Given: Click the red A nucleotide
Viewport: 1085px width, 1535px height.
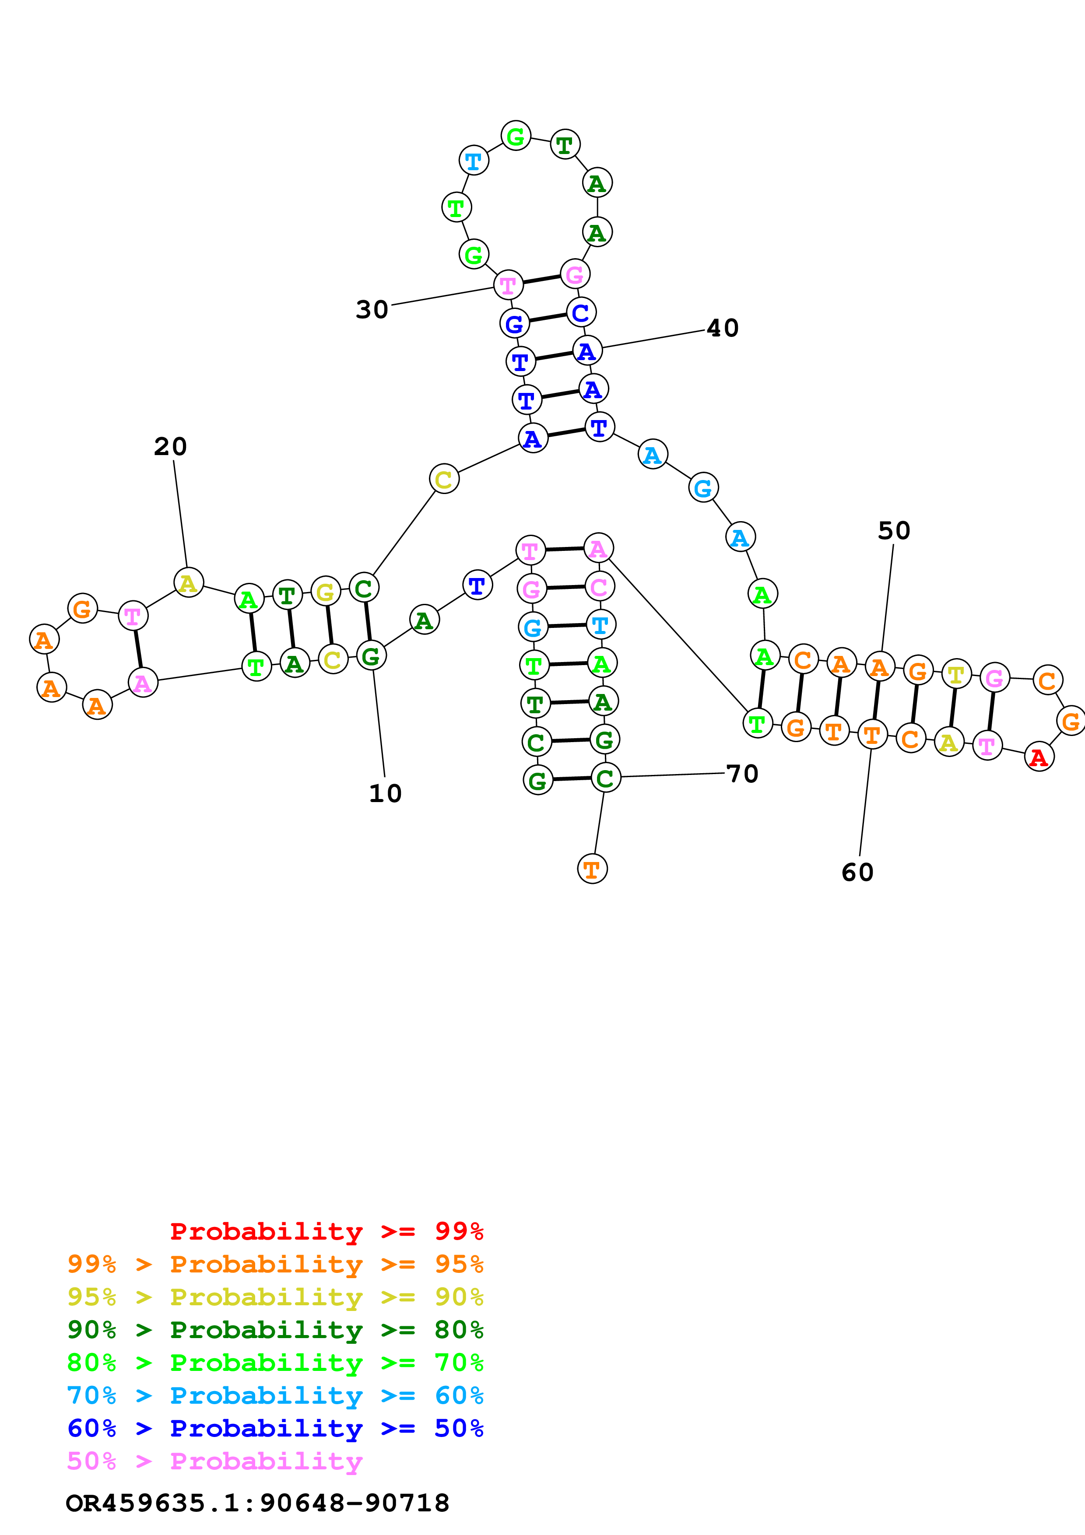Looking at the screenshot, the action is click(1038, 757).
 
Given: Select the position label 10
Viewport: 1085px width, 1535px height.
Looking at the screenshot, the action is click(385, 794).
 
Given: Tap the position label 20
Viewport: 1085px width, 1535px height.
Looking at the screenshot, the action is click(170, 447).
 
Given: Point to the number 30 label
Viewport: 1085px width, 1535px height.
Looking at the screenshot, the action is click(372, 309).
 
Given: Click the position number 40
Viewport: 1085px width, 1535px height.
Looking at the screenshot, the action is click(723, 328).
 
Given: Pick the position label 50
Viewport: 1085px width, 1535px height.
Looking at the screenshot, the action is click(894, 531).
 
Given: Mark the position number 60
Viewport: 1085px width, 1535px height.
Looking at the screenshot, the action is click(857, 873).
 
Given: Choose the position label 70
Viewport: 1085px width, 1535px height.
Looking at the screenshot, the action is click(742, 774).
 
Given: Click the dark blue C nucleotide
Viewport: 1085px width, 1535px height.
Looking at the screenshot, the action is click(580, 312).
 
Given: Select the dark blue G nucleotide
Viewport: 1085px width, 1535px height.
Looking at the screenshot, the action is click(514, 324).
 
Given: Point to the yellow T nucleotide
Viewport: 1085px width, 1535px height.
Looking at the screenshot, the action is click(956, 675).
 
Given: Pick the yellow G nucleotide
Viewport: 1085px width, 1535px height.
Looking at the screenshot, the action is click(325, 592).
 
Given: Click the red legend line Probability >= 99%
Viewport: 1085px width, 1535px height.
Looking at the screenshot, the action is click(326, 1231).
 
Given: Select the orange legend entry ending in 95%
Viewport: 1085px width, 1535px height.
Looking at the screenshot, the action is click(275, 1264).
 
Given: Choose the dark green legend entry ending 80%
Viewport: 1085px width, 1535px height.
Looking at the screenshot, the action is click(275, 1330).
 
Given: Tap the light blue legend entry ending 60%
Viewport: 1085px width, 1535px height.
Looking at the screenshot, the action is click(275, 1395).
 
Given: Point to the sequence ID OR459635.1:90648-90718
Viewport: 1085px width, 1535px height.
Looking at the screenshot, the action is click(257, 1503).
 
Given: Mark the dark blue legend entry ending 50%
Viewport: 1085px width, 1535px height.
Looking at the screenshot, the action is click(275, 1428).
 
